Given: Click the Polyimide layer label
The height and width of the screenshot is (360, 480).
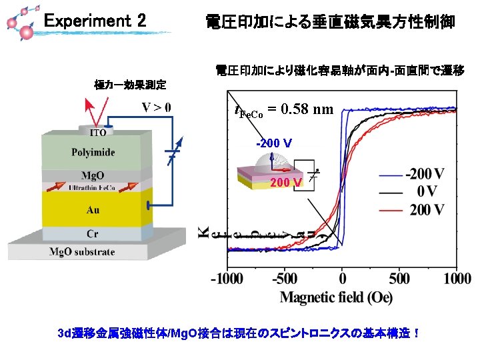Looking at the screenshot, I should pyautogui.click(x=93, y=153).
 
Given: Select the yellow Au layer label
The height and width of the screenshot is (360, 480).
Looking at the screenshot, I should pyautogui.click(x=93, y=210).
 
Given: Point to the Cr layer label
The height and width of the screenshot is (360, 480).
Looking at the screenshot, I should pyautogui.click(x=93, y=234).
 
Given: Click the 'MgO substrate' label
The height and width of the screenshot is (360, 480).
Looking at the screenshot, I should pyautogui.click(x=82, y=252).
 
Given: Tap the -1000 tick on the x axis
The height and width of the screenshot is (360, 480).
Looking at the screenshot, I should pyautogui.click(x=228, y=277).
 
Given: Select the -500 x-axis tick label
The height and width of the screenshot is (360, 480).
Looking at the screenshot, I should pyautogui.click(x=285, y=277).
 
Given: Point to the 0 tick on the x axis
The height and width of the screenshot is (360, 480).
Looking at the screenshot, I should pyautogui.click(x=342, y=277).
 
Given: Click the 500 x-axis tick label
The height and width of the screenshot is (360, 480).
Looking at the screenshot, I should pyautogui.click(x=399, y=277).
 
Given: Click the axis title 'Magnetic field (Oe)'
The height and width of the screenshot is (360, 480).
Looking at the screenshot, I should pyautogui.click(x=336, y=297).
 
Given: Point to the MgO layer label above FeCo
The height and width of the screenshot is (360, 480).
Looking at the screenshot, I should pyautogui.click(x=93, y=176).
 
